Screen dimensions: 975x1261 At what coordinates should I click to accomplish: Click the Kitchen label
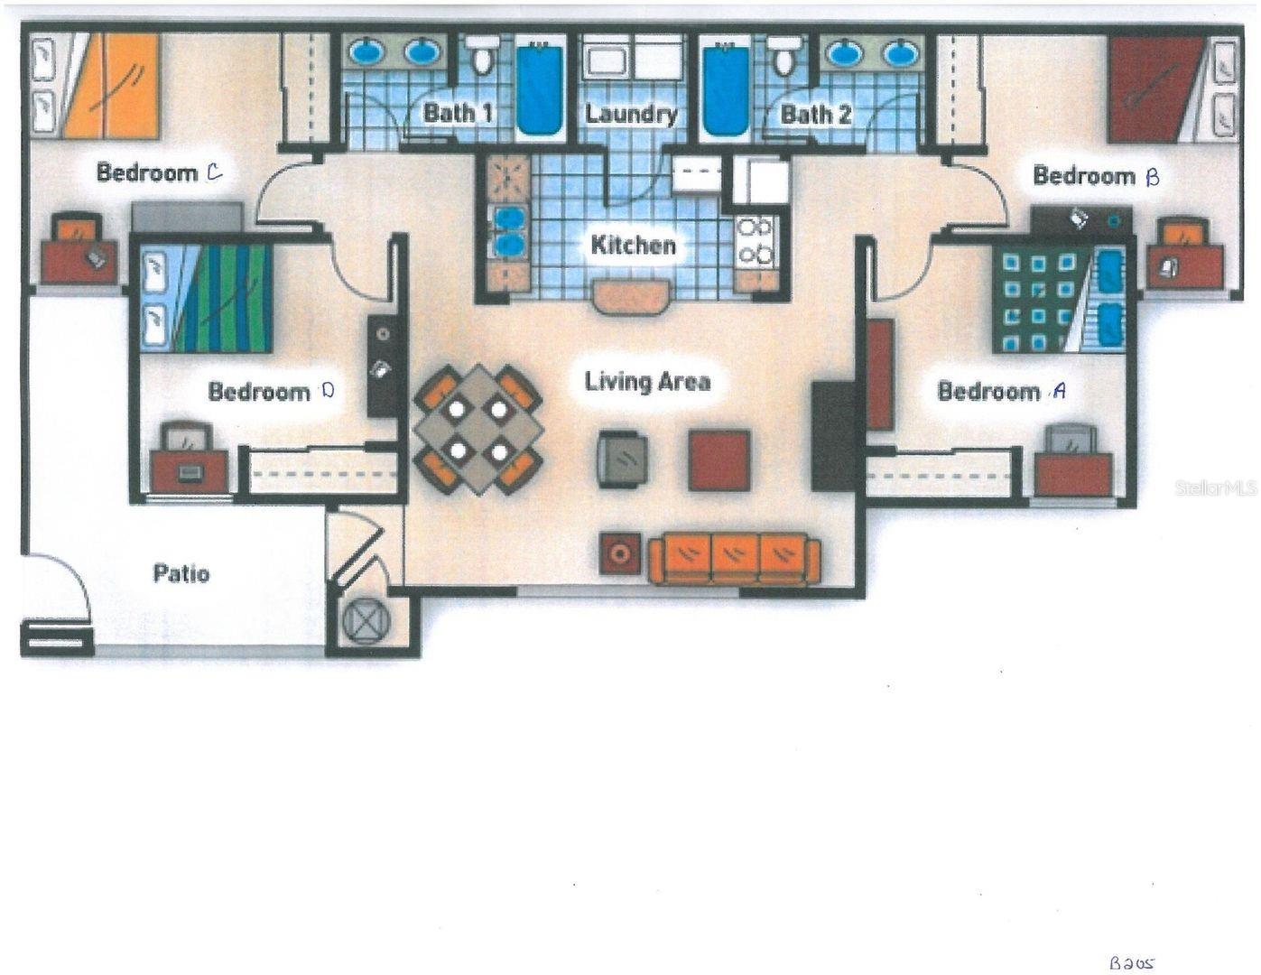[x=633, y=245]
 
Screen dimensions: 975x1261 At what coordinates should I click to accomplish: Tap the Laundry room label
[x=631, y=114]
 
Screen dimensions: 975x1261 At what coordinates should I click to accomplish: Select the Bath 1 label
[x=459, y=114]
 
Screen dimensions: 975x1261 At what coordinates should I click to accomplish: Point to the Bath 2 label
[x=816, y=115]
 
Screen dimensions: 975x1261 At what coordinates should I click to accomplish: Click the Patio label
[x=181, y=573]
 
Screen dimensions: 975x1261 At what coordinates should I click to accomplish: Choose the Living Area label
[x=647, y=382]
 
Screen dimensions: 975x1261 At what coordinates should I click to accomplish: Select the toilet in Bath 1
[x=484, y=59]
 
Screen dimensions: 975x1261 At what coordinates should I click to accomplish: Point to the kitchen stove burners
[x=755, y=242]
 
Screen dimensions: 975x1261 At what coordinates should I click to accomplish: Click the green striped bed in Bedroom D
[x=218, y=298]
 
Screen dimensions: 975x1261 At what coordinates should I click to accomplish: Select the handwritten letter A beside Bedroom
[x=1059, y=391]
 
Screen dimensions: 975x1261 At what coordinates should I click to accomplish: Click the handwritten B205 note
[x=1131, y=962]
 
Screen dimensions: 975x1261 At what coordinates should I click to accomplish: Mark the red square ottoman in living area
[x=719, y=460]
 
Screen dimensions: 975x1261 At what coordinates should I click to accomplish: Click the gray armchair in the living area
[x=623, y=460]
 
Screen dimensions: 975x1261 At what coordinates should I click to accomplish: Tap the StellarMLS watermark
[x=1215, y=487]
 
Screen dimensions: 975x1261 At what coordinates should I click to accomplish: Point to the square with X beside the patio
[x=365, y=622]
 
